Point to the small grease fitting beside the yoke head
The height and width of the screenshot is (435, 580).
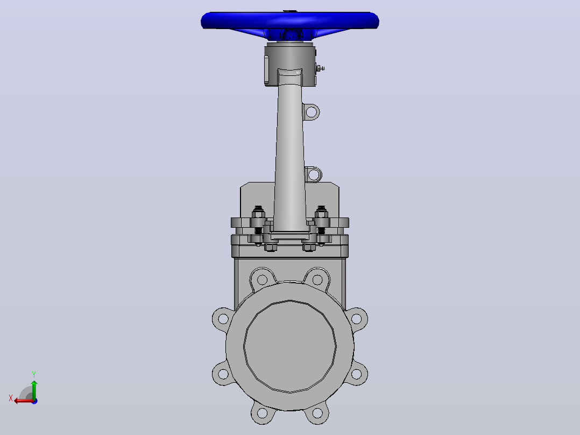tap(320, 68)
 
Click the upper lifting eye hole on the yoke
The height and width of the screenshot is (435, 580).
tap(312, 111)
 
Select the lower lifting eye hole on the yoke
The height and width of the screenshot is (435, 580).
tap(313, 174)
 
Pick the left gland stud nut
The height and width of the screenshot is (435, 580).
tap(258, 214)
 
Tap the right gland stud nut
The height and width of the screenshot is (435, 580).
tap(321, 214)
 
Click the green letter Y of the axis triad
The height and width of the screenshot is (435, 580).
tap(34, 374)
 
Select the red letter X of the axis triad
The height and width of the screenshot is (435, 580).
tap(11, 398)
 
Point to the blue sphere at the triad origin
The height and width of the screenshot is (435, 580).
tap(34, 401)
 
